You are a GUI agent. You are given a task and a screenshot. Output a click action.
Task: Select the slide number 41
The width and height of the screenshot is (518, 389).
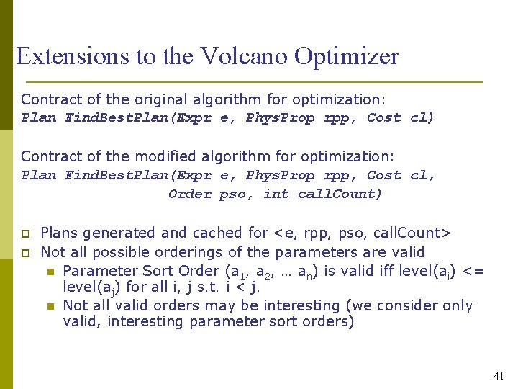tap(499, 375)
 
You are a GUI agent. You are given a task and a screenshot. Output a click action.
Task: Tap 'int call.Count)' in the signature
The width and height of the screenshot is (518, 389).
tap(323, 194)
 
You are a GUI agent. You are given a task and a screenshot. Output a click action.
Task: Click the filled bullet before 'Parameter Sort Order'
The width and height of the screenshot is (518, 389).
tap(50, 272)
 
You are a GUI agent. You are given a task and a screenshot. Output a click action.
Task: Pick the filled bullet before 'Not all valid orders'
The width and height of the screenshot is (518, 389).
tap(50, 306)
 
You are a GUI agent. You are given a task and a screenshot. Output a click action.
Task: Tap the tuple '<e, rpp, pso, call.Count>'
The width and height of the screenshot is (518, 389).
tap(362, 233)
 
